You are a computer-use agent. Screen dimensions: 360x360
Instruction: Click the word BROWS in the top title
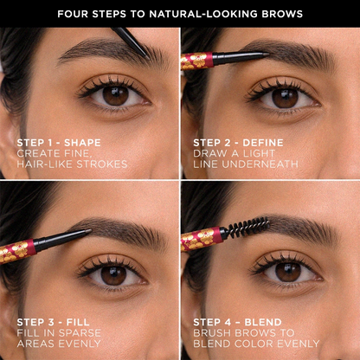tap(282, 14)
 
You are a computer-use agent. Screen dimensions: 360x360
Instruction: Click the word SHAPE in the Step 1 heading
tap(82, 143)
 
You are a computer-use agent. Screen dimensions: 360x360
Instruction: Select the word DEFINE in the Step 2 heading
tap(263, 143)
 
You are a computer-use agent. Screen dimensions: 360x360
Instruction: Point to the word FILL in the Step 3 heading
tap(78, 322)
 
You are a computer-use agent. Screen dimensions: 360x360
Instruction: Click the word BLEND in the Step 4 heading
tap(263, 322)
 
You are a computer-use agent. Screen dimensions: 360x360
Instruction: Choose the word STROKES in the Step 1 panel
tap(102, 164)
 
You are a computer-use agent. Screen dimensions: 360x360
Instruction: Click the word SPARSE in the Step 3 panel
tap(79, 333)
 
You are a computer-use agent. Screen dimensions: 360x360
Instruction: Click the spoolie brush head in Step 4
tap(248, 227)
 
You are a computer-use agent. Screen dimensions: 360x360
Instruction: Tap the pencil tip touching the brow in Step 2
tap(267, 54)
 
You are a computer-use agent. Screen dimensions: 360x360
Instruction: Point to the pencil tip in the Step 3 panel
tap(88, 231)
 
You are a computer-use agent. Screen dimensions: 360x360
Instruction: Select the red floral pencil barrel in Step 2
tap(196, 61)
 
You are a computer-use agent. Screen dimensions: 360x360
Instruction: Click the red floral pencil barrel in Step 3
tap(18, 251)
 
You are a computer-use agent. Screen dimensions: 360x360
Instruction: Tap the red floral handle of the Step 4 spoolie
tap(202, 238)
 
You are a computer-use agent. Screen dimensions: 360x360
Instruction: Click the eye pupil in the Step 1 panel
tap(116, 94)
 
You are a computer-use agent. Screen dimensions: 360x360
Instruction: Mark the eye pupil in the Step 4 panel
tap(288, 271)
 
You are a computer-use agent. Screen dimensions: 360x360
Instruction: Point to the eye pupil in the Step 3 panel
tap(113, 273)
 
